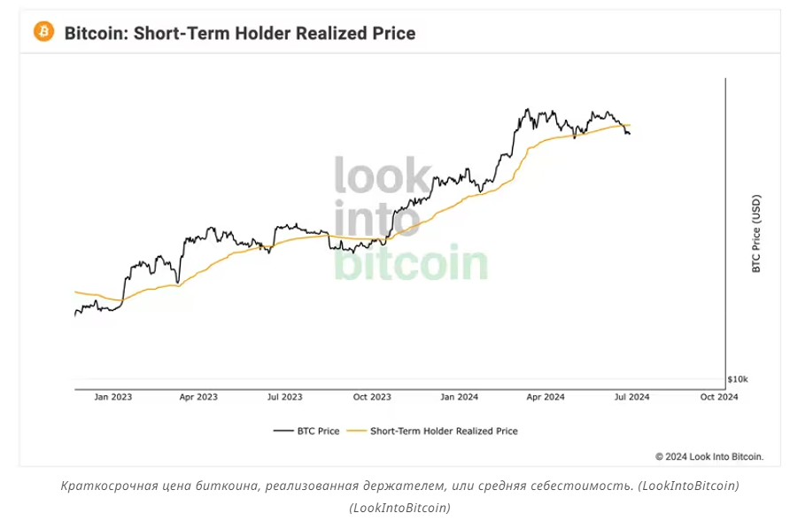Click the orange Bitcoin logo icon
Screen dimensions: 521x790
coord(43,32)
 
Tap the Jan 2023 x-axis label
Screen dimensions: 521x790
coord(112,398)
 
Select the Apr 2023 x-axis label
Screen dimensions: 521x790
coord(198,398)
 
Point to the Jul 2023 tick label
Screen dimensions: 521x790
coord(284,398)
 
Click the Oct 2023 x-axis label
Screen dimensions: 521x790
coord(372,398)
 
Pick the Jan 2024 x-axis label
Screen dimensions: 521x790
coord(459,398)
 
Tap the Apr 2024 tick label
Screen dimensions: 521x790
coord(546,398)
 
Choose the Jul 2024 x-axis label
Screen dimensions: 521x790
coord(631,398)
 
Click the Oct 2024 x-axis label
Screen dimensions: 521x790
coord(719,398)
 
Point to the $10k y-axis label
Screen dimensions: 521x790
coord(737,378)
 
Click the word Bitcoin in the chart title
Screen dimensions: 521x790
coord(97,34)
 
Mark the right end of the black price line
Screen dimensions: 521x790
coord(630,134)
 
